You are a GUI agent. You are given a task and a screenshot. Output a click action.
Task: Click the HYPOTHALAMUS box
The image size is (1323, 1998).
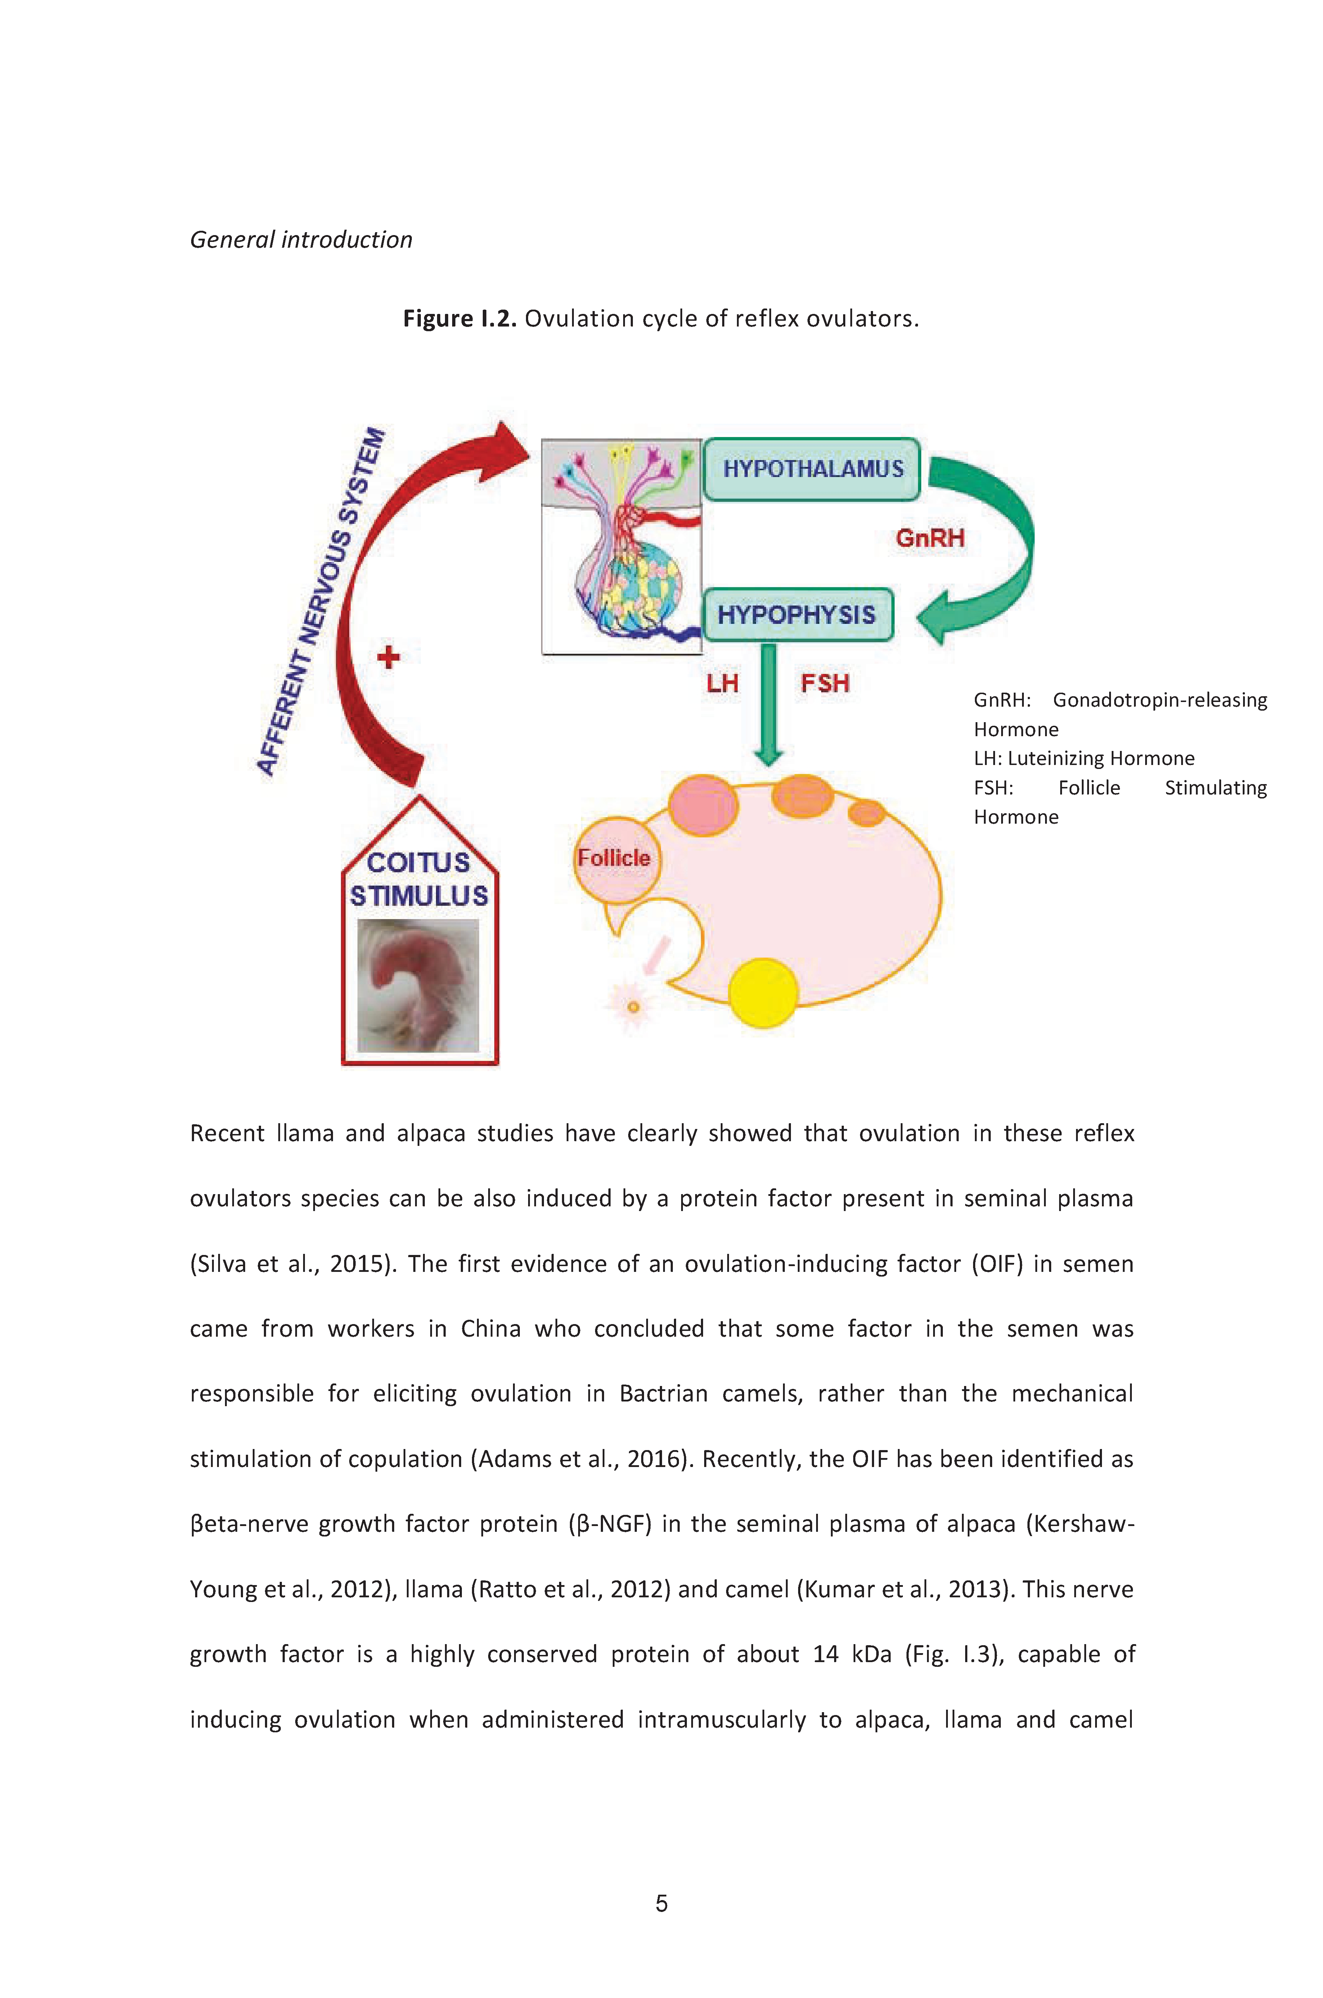tap(812, 469)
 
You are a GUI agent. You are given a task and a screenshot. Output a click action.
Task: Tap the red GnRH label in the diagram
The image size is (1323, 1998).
tap(930, 538)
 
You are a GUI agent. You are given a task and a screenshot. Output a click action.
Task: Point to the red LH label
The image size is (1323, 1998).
tap(722, 683)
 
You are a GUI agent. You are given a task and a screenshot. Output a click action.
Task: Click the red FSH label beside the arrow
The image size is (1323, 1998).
tap(824, 683)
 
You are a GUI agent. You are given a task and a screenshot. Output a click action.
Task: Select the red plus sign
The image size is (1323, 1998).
tap(388, 656)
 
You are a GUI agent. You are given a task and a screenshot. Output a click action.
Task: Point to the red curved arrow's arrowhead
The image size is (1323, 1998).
tap(505, 451)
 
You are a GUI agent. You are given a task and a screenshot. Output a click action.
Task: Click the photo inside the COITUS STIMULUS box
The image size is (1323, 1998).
tap(418, 986)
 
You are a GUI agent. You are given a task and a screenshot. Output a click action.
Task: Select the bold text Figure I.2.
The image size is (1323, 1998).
tap(459, 319)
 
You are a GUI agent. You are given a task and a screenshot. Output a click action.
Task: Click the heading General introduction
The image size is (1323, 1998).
tap(301, 240)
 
